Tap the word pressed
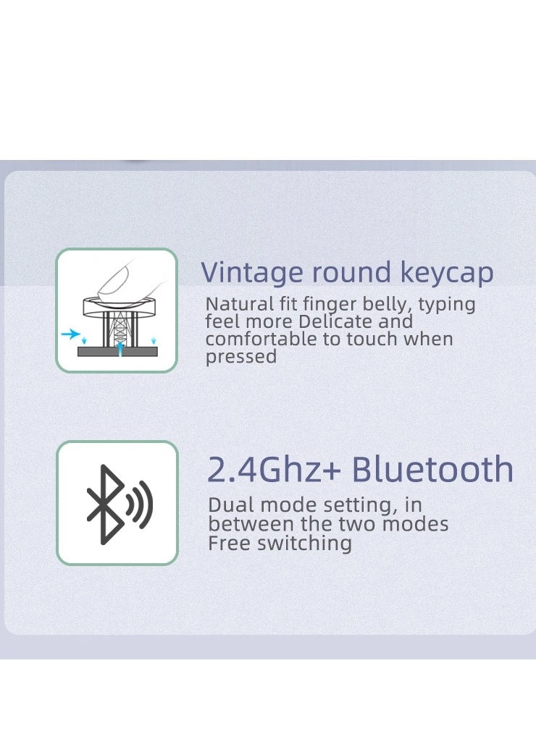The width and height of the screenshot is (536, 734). coord(240,357)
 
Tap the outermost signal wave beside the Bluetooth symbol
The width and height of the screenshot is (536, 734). coord(146,504)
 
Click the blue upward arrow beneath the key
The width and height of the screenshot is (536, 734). coord(120,347)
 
